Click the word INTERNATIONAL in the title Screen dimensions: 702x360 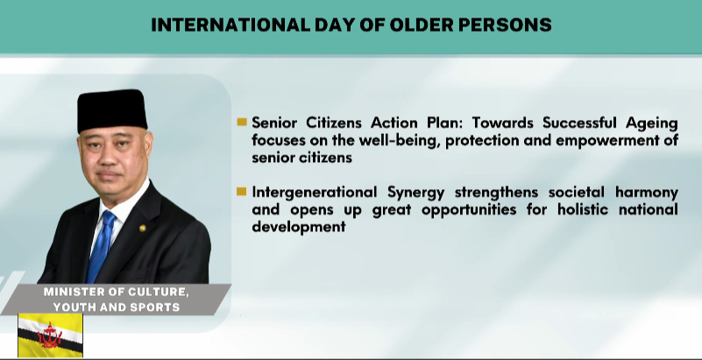coord(230,25)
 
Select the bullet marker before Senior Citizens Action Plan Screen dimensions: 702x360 coord(242,122)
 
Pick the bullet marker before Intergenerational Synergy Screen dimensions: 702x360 coord(242,192)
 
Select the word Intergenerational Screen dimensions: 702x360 coord(314,193)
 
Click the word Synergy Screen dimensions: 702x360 coord(416,194)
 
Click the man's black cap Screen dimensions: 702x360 coord(112,110)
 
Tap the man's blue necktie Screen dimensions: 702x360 coord(101,246)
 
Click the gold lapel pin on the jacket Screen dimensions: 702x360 coord(142,228)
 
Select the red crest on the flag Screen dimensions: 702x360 coord(50,336)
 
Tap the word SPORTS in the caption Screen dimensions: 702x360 coord(158,307)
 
